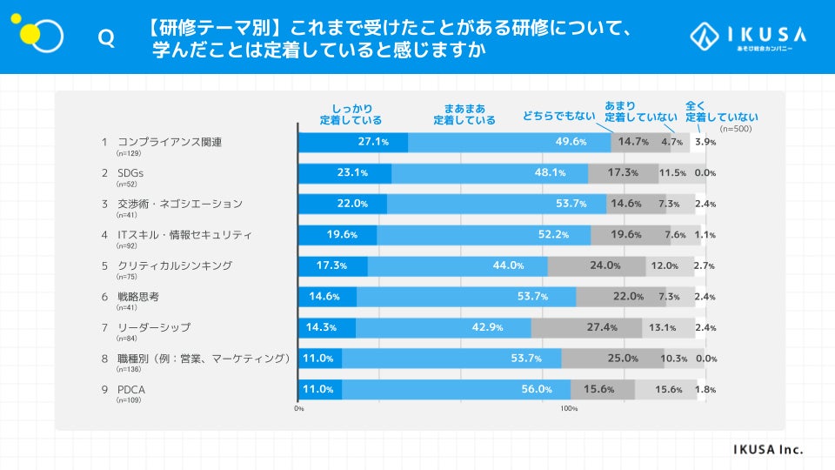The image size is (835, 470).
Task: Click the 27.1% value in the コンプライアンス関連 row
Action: [x=372, y=142]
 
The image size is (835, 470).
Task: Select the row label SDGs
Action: [x=130, y=172]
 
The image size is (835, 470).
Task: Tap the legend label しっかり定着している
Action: [x=351, y=114]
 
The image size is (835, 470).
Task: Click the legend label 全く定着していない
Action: [x=721, y=111]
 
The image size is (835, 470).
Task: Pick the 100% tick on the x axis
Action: [x=569, y=408]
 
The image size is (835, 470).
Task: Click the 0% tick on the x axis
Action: [x=299, y=408]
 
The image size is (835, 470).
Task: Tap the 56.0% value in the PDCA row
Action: [x=537, y=389]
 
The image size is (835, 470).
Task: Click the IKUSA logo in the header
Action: [x=748, y=37]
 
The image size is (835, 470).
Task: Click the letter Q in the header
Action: [x=106, y=39]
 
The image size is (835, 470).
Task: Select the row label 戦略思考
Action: [x=138, y=296]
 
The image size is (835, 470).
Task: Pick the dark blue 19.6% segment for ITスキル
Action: [x=337, y=235]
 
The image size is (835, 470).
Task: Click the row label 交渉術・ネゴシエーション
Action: [x=180, y=204]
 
